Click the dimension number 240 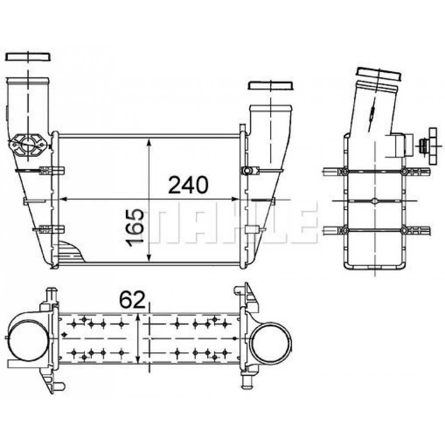pos(188,185)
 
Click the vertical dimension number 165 pos(134,228)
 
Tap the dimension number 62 pos(132,300)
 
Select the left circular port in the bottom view pos(28,340)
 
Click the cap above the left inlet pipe pos(28,57)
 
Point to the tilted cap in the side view pos(379,74)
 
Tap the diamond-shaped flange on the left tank pos(28,145)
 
